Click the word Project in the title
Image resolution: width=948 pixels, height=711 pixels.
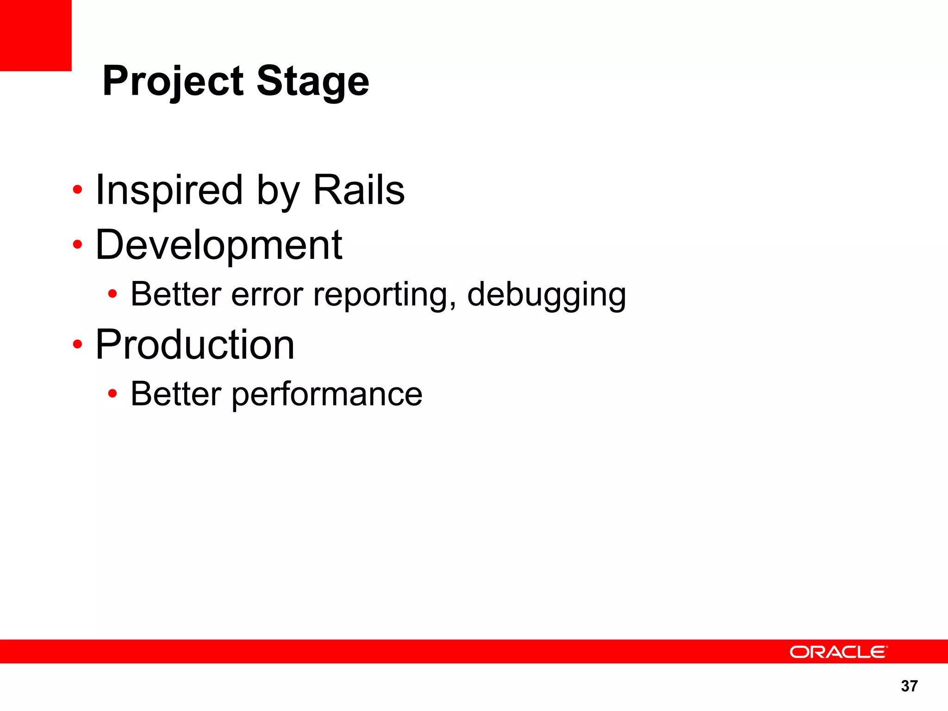point(173,81)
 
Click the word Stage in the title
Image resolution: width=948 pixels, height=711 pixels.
point(313,81)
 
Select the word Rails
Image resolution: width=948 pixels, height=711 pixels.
point(359,190)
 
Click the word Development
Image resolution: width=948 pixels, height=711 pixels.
point(218,245)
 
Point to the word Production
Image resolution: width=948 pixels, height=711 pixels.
point(195,345)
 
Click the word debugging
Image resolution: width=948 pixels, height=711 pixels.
point(546,294)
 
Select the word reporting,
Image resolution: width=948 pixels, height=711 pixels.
point(385,294)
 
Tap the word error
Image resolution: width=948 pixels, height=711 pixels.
point(267,294)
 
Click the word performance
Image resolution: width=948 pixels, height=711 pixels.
point(327,394)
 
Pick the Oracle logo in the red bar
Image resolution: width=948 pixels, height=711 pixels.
point(838,652)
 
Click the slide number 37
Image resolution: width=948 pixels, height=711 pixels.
point(909,686)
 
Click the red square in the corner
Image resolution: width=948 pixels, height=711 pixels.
point(36,35)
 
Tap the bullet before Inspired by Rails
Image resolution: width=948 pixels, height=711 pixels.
point(77,190)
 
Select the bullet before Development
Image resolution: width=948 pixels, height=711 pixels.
point(77,244)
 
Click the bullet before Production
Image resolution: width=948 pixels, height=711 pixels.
point(77,344)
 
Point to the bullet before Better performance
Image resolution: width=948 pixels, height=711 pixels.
point(112,393)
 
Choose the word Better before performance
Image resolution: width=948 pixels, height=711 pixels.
point(176,394)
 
